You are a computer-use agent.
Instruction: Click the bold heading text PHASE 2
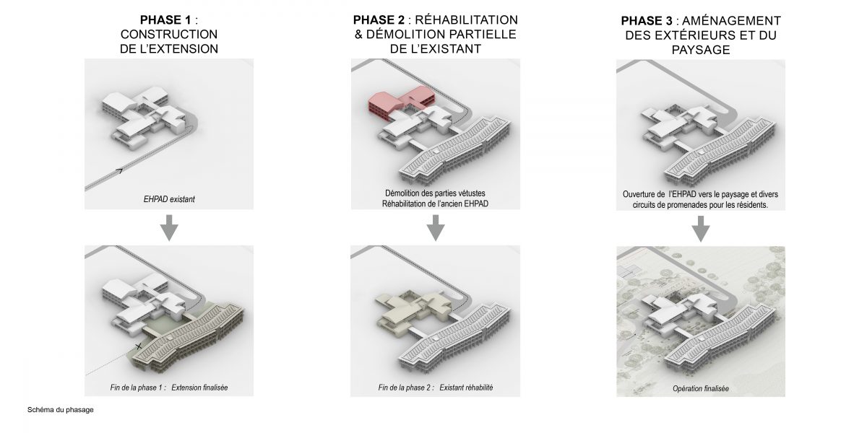pos(379,19)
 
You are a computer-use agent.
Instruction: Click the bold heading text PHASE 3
pos(647,20)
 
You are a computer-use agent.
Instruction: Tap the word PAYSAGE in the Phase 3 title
pos(701,50)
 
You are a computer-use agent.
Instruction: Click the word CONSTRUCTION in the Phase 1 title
pos(169,35)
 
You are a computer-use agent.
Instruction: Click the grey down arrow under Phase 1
pos(169,227)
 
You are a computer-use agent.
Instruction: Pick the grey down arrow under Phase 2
pos(436,227)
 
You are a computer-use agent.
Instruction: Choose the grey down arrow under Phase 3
pos(701,229)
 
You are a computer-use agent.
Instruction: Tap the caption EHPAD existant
pos(169,199)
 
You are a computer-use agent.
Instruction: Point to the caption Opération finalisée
pos(701,388)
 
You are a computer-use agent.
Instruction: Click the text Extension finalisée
pos(199,388)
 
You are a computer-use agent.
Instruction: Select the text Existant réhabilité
pos(466,388)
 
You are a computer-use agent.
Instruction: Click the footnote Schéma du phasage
pos(61,410)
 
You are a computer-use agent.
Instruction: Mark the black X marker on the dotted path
pos(138,346)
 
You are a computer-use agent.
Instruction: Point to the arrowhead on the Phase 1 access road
pos(120,170)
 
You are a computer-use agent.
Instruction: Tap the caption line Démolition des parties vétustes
pos(435,193)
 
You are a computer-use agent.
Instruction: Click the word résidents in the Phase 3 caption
pos(751,205)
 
